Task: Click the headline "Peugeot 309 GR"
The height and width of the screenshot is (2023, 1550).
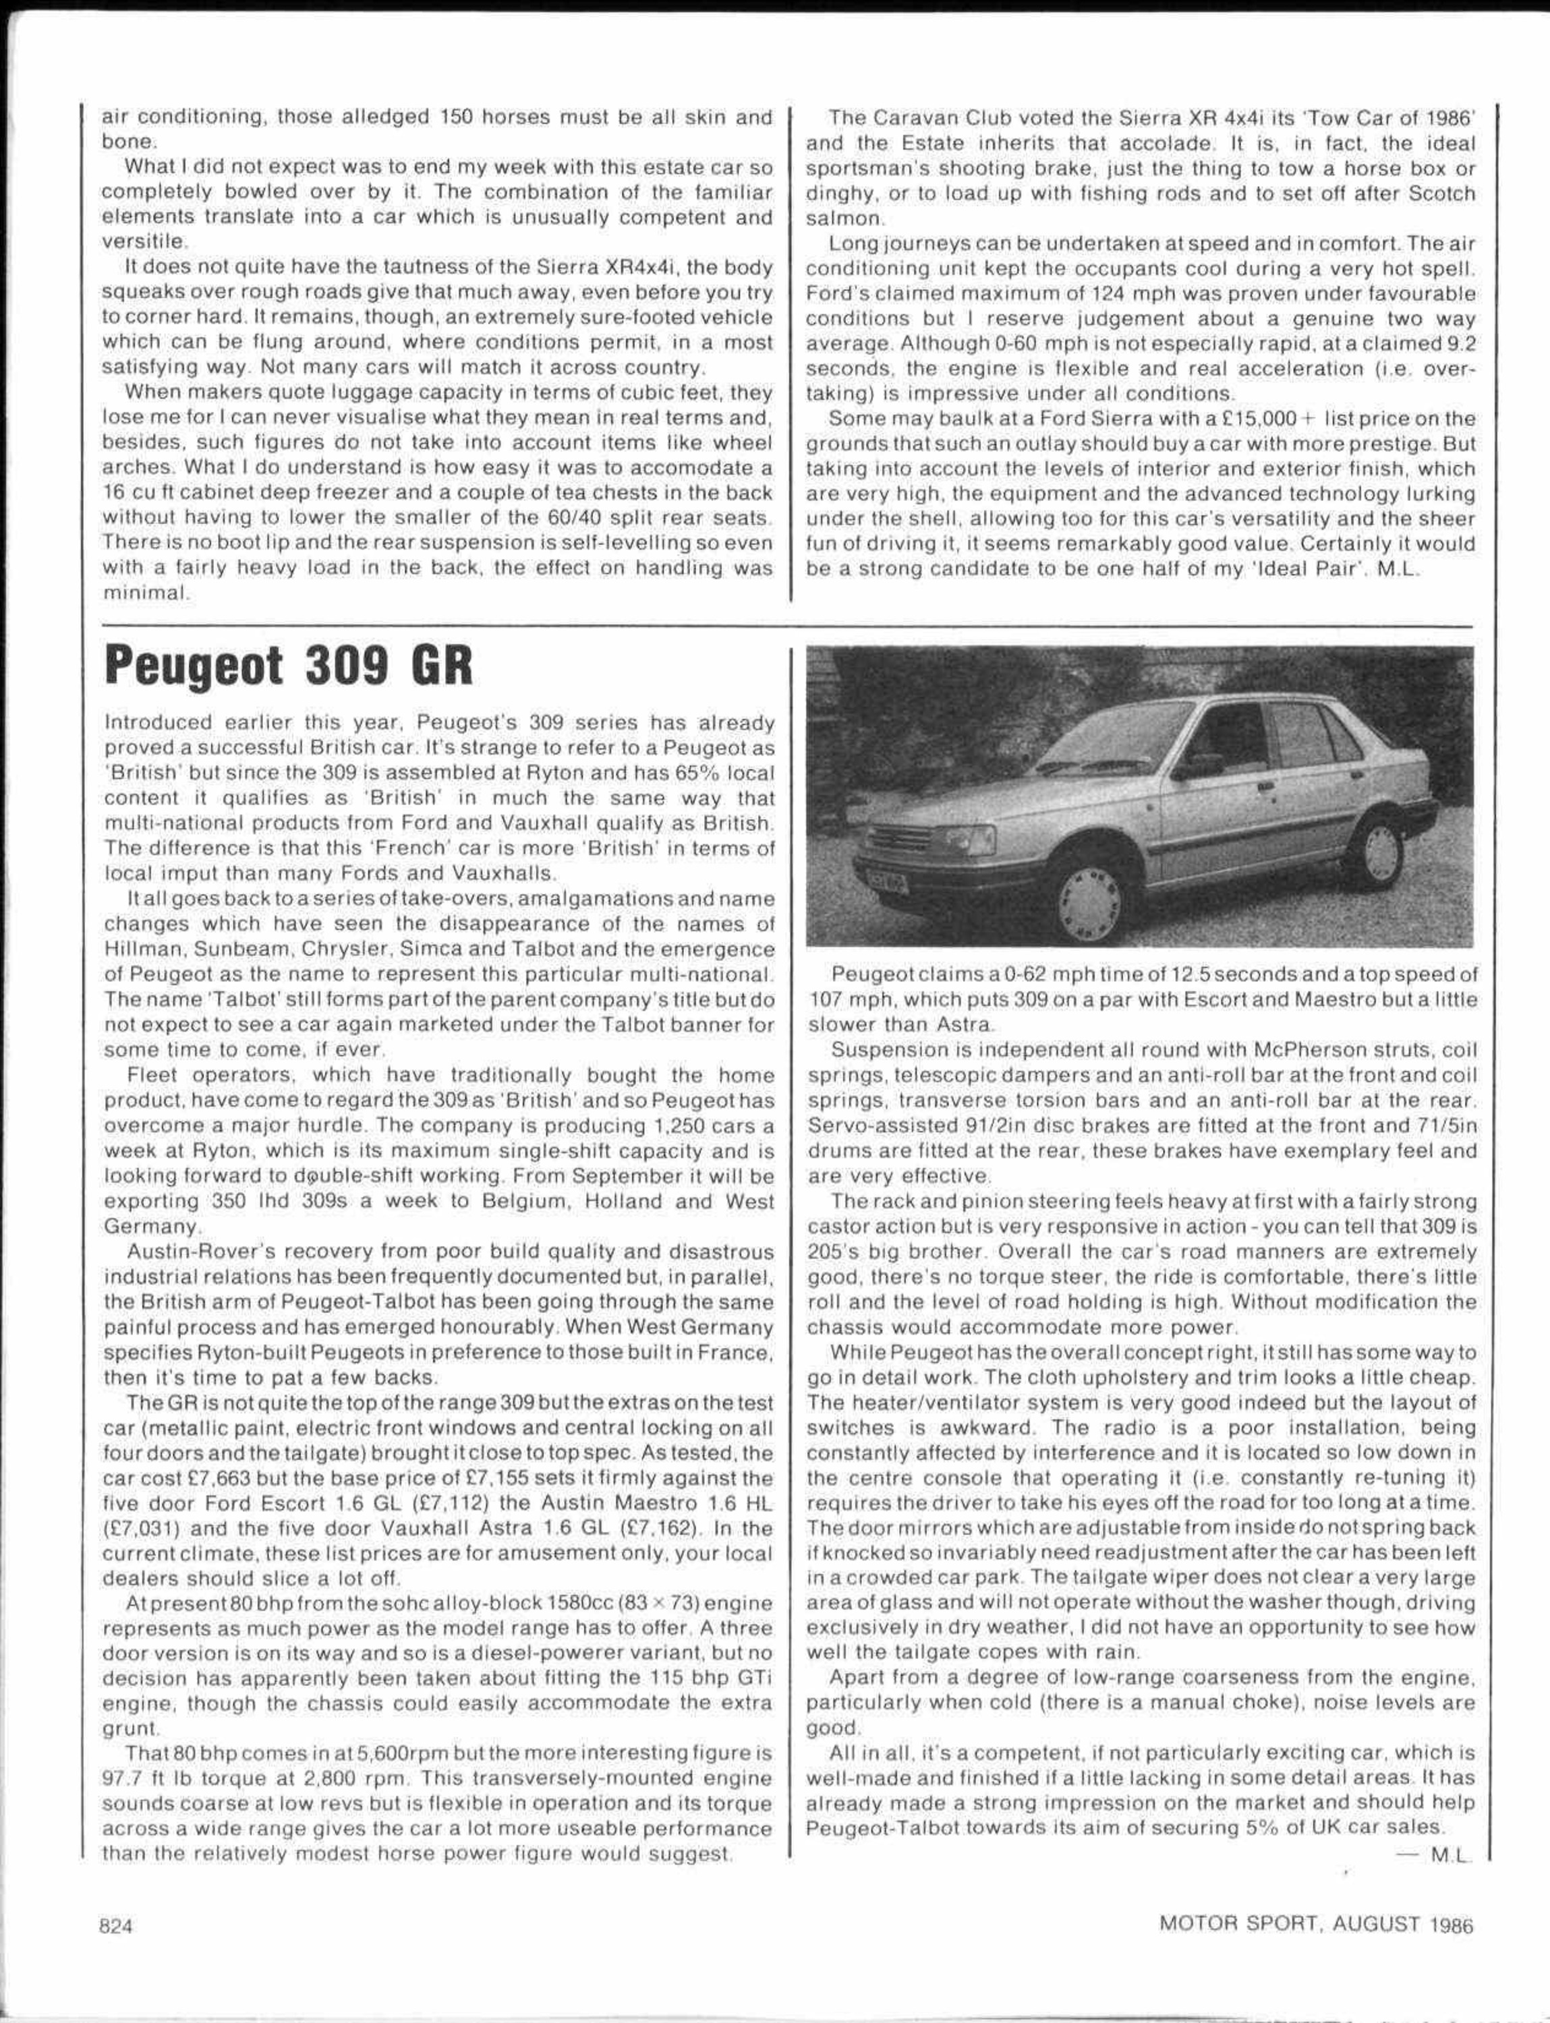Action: tap(289, 667)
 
